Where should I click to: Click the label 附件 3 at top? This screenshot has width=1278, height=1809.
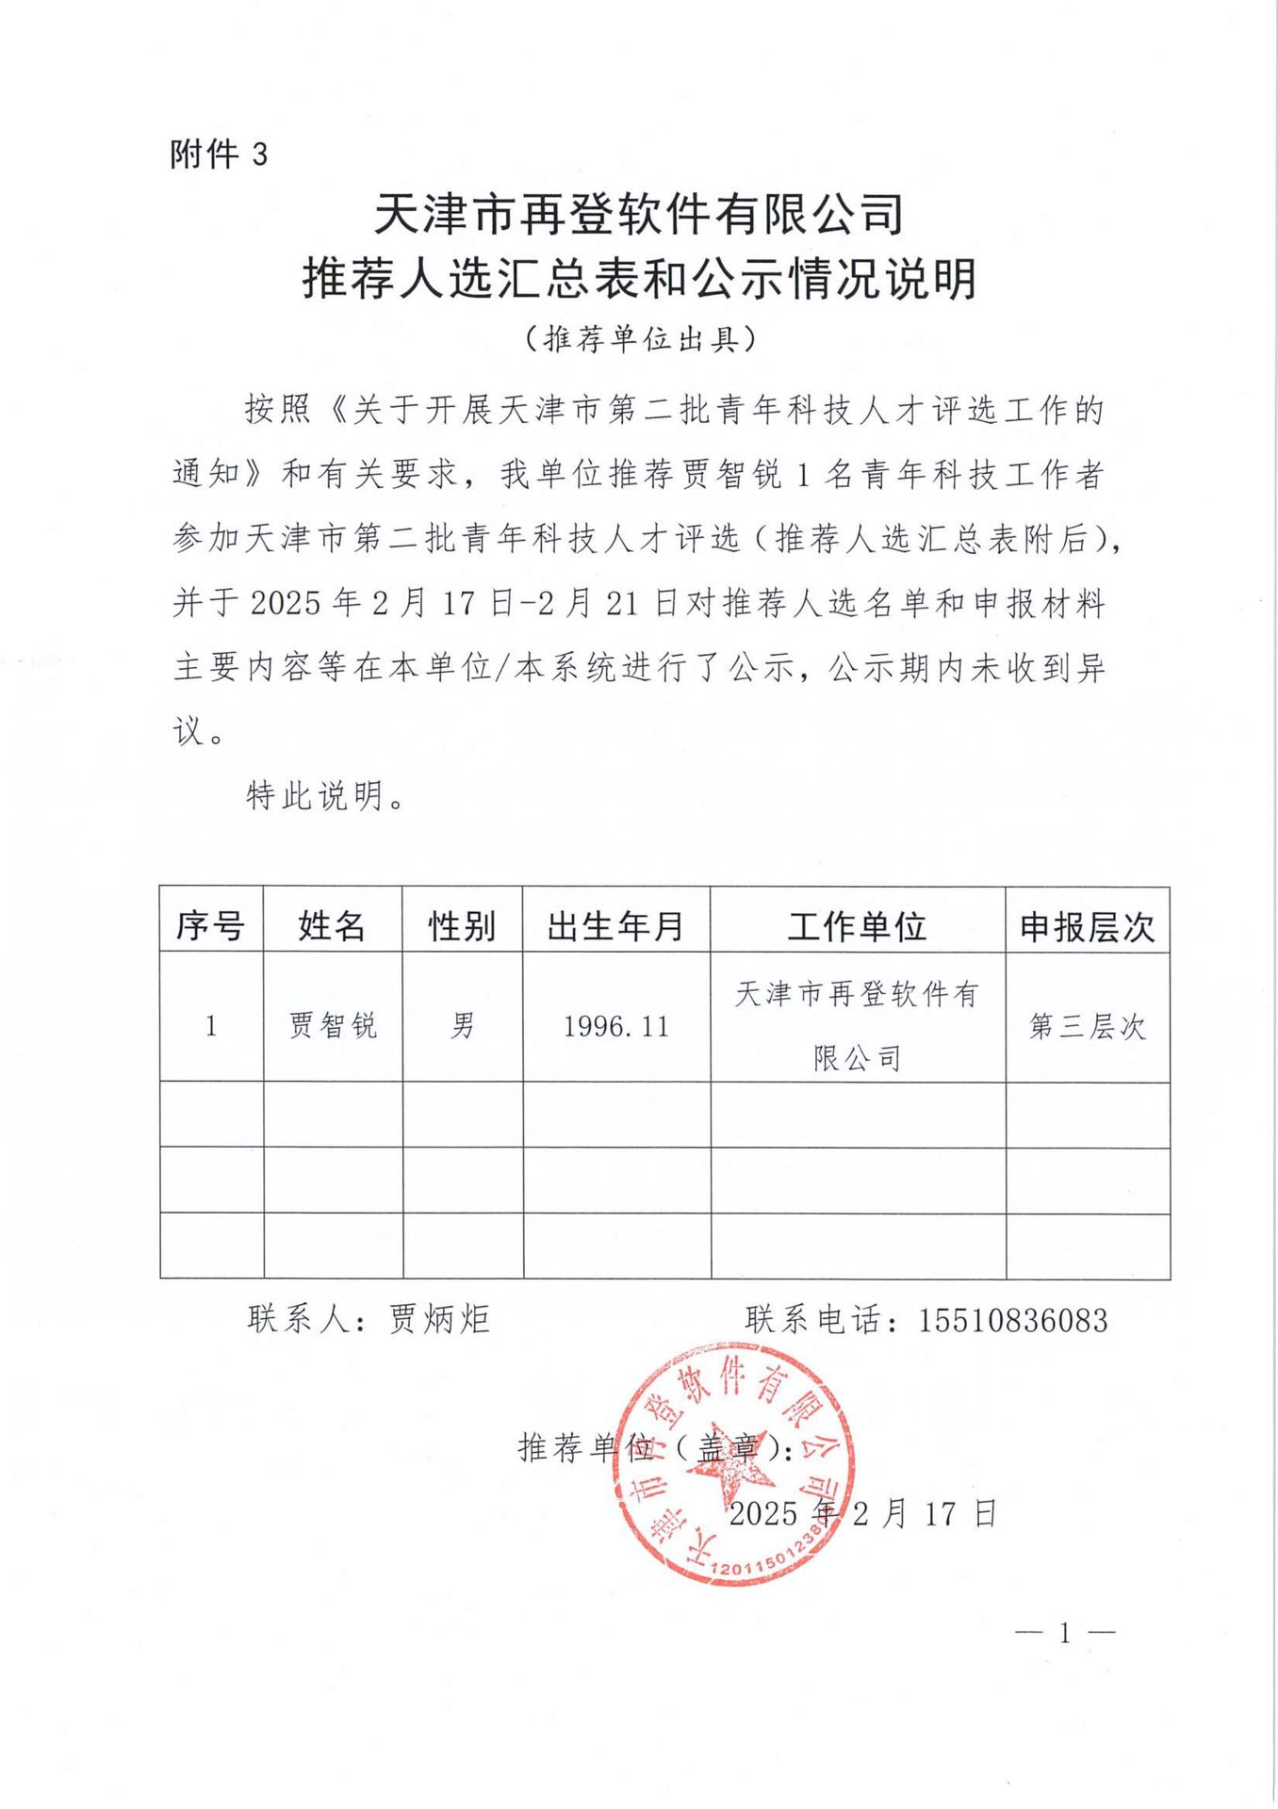pyautogui.click(x=219, y=154)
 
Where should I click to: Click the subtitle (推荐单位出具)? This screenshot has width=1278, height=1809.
pyautogui.click(x=641, y=338)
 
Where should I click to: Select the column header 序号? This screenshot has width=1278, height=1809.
pyautogui.click(x=210, y=926)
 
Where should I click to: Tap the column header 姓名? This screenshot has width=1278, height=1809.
pyautogui.click(x=332, y=926)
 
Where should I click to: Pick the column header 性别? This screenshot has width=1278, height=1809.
pyautogui.click(x=462, y=926)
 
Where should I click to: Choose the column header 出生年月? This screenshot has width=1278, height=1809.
pyautogui.click(x=615, y=926)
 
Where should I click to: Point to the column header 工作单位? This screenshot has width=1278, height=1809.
pyautogui.click(x=857, y=926)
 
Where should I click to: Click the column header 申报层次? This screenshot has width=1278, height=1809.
pyautogui.click(x=1087, y=927)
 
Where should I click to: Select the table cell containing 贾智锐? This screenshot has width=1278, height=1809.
pyautogui.click(x=332, y=1025)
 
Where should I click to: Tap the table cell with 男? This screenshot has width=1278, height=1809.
pyautogui.click(x=462, y=1025)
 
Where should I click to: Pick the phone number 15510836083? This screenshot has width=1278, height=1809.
pyautogui.click(x=1012, y=1320)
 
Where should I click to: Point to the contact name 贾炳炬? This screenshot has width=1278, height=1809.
pyautogui.click(x=439, y=1319)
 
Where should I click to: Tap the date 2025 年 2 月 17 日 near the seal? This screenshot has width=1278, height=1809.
pyautogui.click(x=861, y=1513)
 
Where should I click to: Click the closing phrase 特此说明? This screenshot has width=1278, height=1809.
pyautogui.click(x=316, y=796)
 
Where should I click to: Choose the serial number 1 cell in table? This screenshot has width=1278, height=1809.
pyautogui.click(x=211, y=1025)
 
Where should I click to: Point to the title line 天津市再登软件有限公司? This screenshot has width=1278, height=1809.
pyautogui.click(x=639, y=213)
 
